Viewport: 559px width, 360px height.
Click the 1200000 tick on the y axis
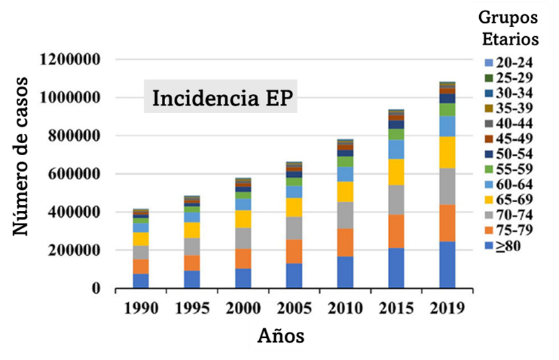click(x=70, y=60)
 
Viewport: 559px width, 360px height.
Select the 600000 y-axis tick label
click(x=74, y=174)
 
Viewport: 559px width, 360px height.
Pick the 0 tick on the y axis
click(x=95, y=289)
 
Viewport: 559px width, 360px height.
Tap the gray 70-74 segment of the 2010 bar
click(x=345, y=215)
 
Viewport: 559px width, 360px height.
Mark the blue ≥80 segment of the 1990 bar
click(x=141, y=281)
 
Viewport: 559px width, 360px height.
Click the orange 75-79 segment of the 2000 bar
click(x=244, y=259)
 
